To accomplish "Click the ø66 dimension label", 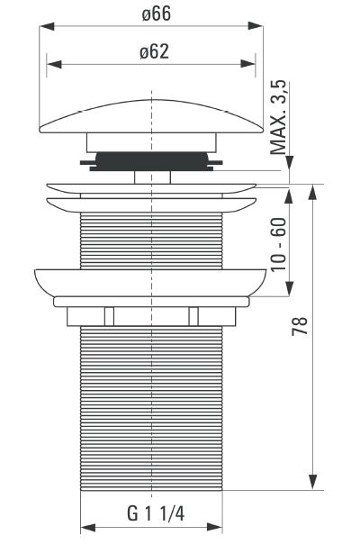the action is pyautogui.click(x=157, y=14).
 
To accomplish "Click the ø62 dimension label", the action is pyautogui.click(x=154, y=52).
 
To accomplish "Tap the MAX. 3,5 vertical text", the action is pyautogui.click(x=278, y=117).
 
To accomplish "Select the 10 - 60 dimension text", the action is pyautogui.click(x=279, y=245).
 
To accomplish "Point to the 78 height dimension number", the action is pyautogui.click(x=300, y=325).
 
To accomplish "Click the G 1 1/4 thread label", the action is pyautogui.click(x=156, y=513).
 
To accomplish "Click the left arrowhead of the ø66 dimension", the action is pyautogui.click(x=47, y=26).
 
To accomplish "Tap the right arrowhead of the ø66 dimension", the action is pyautogui.click(x=256, y=26).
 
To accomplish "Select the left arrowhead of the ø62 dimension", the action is pyautogui.click(x=54, y=64).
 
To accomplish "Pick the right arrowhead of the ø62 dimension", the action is pyautogui.click(x=248, y=63).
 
